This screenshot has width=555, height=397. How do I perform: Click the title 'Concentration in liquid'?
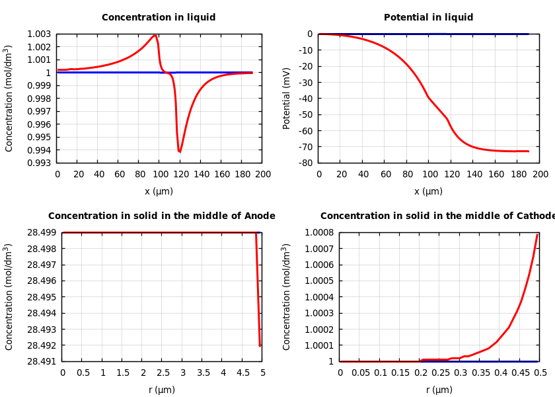coord(159,18)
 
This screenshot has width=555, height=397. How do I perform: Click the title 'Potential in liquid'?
coord(428,18)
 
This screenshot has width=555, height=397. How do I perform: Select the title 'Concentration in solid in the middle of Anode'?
coord(162,216)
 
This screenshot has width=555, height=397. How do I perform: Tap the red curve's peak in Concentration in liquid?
coord(155,36)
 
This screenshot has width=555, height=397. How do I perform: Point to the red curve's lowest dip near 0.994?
coord(179,152)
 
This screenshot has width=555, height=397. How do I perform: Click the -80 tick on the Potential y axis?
coord(305,163)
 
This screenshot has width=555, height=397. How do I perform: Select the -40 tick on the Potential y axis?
coord(305,99)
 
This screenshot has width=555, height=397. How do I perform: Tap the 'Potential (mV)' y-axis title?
coord(287,98)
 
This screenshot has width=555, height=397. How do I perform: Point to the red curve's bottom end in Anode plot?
coord(260,345)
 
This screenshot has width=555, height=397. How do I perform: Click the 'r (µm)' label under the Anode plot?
coord(162,390)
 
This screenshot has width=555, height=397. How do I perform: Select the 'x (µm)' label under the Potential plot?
coord(428,191)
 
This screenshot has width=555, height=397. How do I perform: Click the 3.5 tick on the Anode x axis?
coord(202,373)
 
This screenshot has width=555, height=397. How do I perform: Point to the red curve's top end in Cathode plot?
coord(537,235)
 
